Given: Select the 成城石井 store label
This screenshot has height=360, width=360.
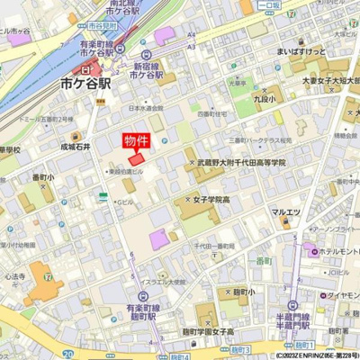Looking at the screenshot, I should click(x=76, y=144).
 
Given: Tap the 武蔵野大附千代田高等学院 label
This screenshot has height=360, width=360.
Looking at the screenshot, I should click(x=240, y=163).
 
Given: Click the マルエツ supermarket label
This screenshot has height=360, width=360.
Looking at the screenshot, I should click(x=285, y=212).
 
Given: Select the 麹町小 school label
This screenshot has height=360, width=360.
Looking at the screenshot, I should click(x=238, y=292).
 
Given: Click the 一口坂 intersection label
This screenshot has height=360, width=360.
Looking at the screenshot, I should click(x=268, y=4).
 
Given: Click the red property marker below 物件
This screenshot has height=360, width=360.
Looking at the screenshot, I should click(x=136, y=159).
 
